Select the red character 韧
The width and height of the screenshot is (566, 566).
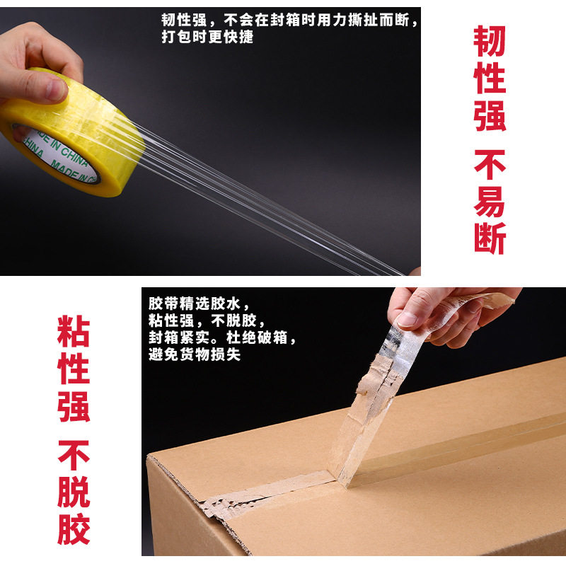pyautogui.click(x=490, y=42)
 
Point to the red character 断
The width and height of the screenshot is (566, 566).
pyautogui.click(x=490, y=238)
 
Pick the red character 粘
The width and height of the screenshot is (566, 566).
pyautogui.click(x=74, y=333)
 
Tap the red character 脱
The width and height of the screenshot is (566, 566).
pyautogui.click(x=74, y=493)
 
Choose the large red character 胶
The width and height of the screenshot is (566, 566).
pyautogui.click(x=74, y=529)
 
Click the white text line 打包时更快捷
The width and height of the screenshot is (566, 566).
pyautogui.click(x=207, y=37)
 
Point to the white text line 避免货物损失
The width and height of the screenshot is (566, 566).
pyautogui.click(x=195, y=354)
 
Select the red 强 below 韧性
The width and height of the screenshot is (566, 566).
pyautogui.click(x=490, y=115)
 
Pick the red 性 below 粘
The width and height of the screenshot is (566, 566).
pyautogui.click(x=74, y=369)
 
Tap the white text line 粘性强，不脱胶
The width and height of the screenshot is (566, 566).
pyautogui.click(x=205, y=320)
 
